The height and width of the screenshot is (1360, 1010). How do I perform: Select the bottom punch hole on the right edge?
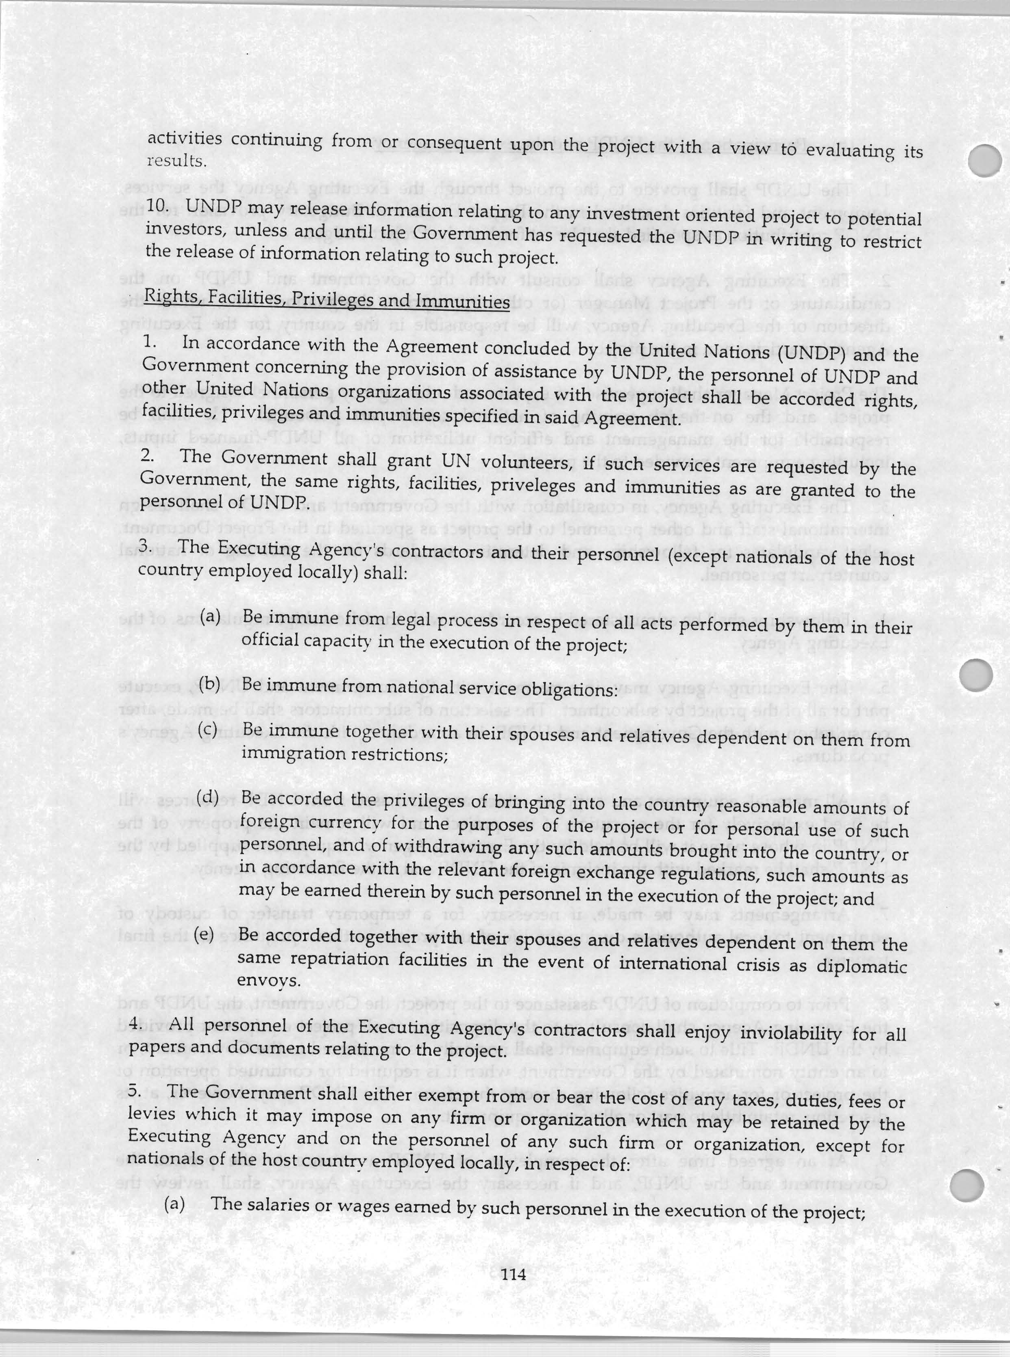point(970,1183)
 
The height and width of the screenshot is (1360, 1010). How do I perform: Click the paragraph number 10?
point(157,205)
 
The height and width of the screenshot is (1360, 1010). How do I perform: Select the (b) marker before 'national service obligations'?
point(209,683)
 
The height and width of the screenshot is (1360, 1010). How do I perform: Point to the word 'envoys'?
point(268,980)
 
